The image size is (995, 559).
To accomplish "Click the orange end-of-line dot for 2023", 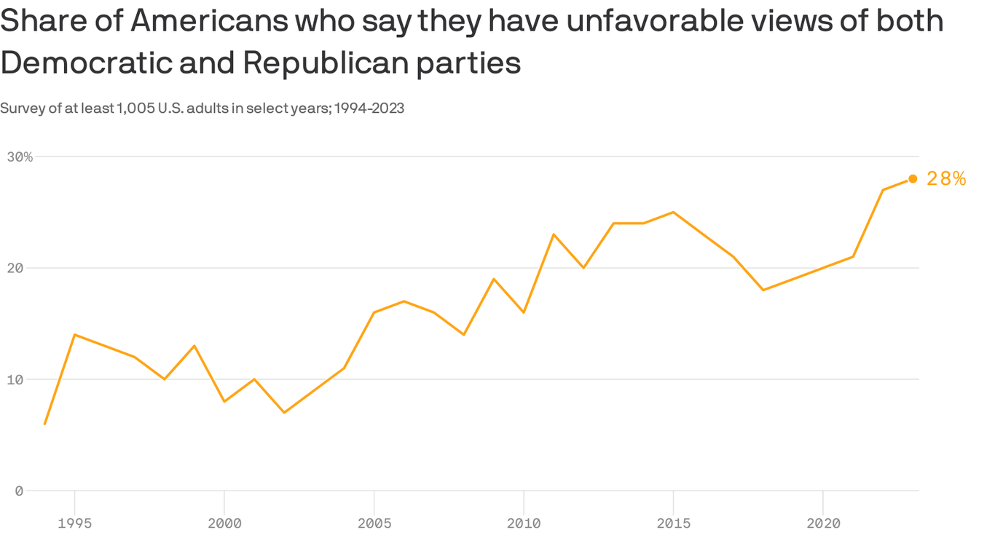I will coord(913,179).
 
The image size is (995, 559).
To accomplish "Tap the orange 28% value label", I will coord(945,179).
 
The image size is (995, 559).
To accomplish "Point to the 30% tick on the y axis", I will coord(20,156).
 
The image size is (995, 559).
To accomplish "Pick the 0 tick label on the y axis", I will coord(19,491).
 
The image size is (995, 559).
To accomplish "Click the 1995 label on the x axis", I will coord(74,523).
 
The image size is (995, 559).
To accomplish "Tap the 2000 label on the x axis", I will coord(224,523).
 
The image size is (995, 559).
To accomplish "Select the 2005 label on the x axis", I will coord(374,523).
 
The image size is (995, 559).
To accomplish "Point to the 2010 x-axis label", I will coord(524,523).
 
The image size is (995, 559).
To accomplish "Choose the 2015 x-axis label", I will coord(673,523).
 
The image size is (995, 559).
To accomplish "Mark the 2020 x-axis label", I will coord(823,523).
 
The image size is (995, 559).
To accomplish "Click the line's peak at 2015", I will coord(673,212).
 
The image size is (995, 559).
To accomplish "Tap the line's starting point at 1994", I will coord(45,424).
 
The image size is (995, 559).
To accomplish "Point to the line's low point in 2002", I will coord(284,413).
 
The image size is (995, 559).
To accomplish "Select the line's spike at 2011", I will coord(554,234).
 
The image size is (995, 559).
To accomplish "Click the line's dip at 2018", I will coord(763,290).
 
